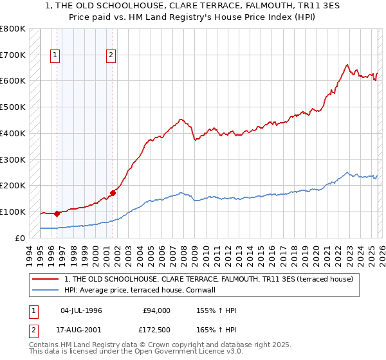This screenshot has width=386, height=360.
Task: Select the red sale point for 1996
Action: point(57,213)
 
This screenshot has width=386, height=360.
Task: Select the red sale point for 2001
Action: point(113,192)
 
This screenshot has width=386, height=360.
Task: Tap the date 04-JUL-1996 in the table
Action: point(81,310)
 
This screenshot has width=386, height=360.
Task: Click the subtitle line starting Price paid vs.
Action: point(193,17)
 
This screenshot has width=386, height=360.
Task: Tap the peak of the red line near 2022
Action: point(347,64)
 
